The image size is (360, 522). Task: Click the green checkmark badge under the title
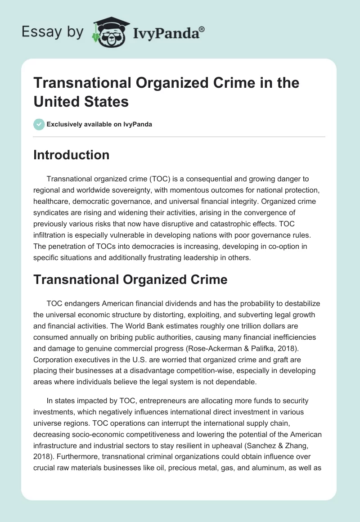(x=39, y=124)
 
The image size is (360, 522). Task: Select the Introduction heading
(x=71, y=155)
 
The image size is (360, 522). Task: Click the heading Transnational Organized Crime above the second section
(x=130, y=279)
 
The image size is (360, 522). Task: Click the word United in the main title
(x=56, y=101)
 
